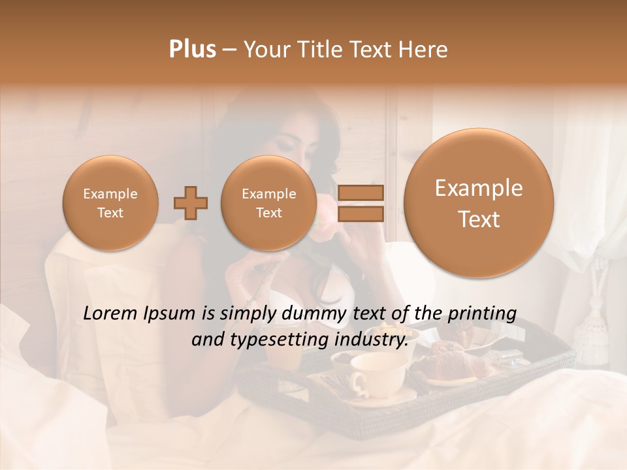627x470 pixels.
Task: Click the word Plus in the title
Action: [192, 50]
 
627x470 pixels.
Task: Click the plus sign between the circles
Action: [191, 203]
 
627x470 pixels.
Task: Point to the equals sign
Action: [360, 203]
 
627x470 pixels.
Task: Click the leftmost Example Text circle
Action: [110, 203]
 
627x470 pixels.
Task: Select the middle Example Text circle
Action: [268, 203]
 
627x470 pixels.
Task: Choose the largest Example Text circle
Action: [479, 203]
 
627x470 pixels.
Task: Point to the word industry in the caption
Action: [370, 340]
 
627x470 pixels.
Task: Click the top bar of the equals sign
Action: [360, 193]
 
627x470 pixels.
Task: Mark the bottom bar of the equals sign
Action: [360, 213]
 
